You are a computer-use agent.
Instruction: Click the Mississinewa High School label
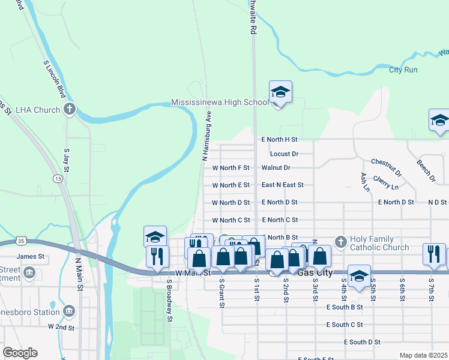[x=220, y=102]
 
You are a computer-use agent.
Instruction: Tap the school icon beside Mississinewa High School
[x=280, y=92]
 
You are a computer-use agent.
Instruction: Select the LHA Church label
[x=38, y=110]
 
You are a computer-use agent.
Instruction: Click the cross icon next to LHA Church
[x=70, y=110]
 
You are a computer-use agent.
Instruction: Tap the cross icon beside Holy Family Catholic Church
[x=340, y=242]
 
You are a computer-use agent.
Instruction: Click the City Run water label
[x=403, y=70]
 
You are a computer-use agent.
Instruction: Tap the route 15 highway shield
[x=58, y=179]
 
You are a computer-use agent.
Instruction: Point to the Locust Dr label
[x=284, y=154]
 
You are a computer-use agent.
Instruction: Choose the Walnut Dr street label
[x=276, y=168]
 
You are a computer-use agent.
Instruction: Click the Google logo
[x=20, y=353]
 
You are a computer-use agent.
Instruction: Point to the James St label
[x=31, y=256]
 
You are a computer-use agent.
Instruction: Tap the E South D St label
[x=362, y=342]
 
